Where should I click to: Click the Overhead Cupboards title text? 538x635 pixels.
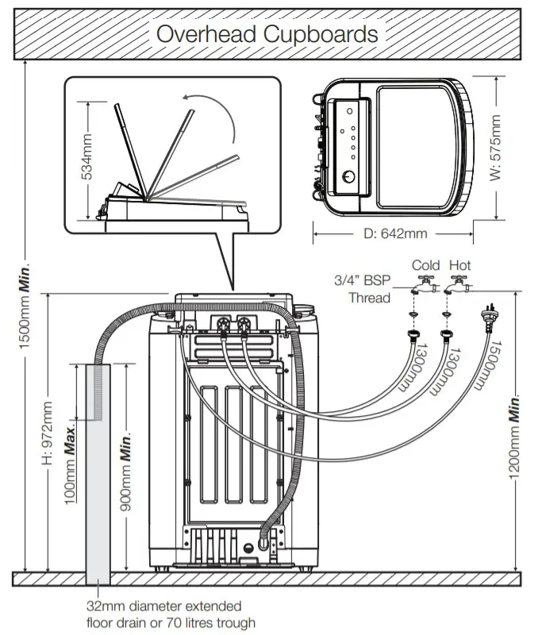(267, 34)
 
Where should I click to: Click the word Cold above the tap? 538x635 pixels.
(425, 265)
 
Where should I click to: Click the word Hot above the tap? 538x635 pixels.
(459, 265)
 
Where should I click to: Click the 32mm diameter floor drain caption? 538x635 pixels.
(171, 615)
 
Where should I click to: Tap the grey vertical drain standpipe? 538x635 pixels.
(99, 476)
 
